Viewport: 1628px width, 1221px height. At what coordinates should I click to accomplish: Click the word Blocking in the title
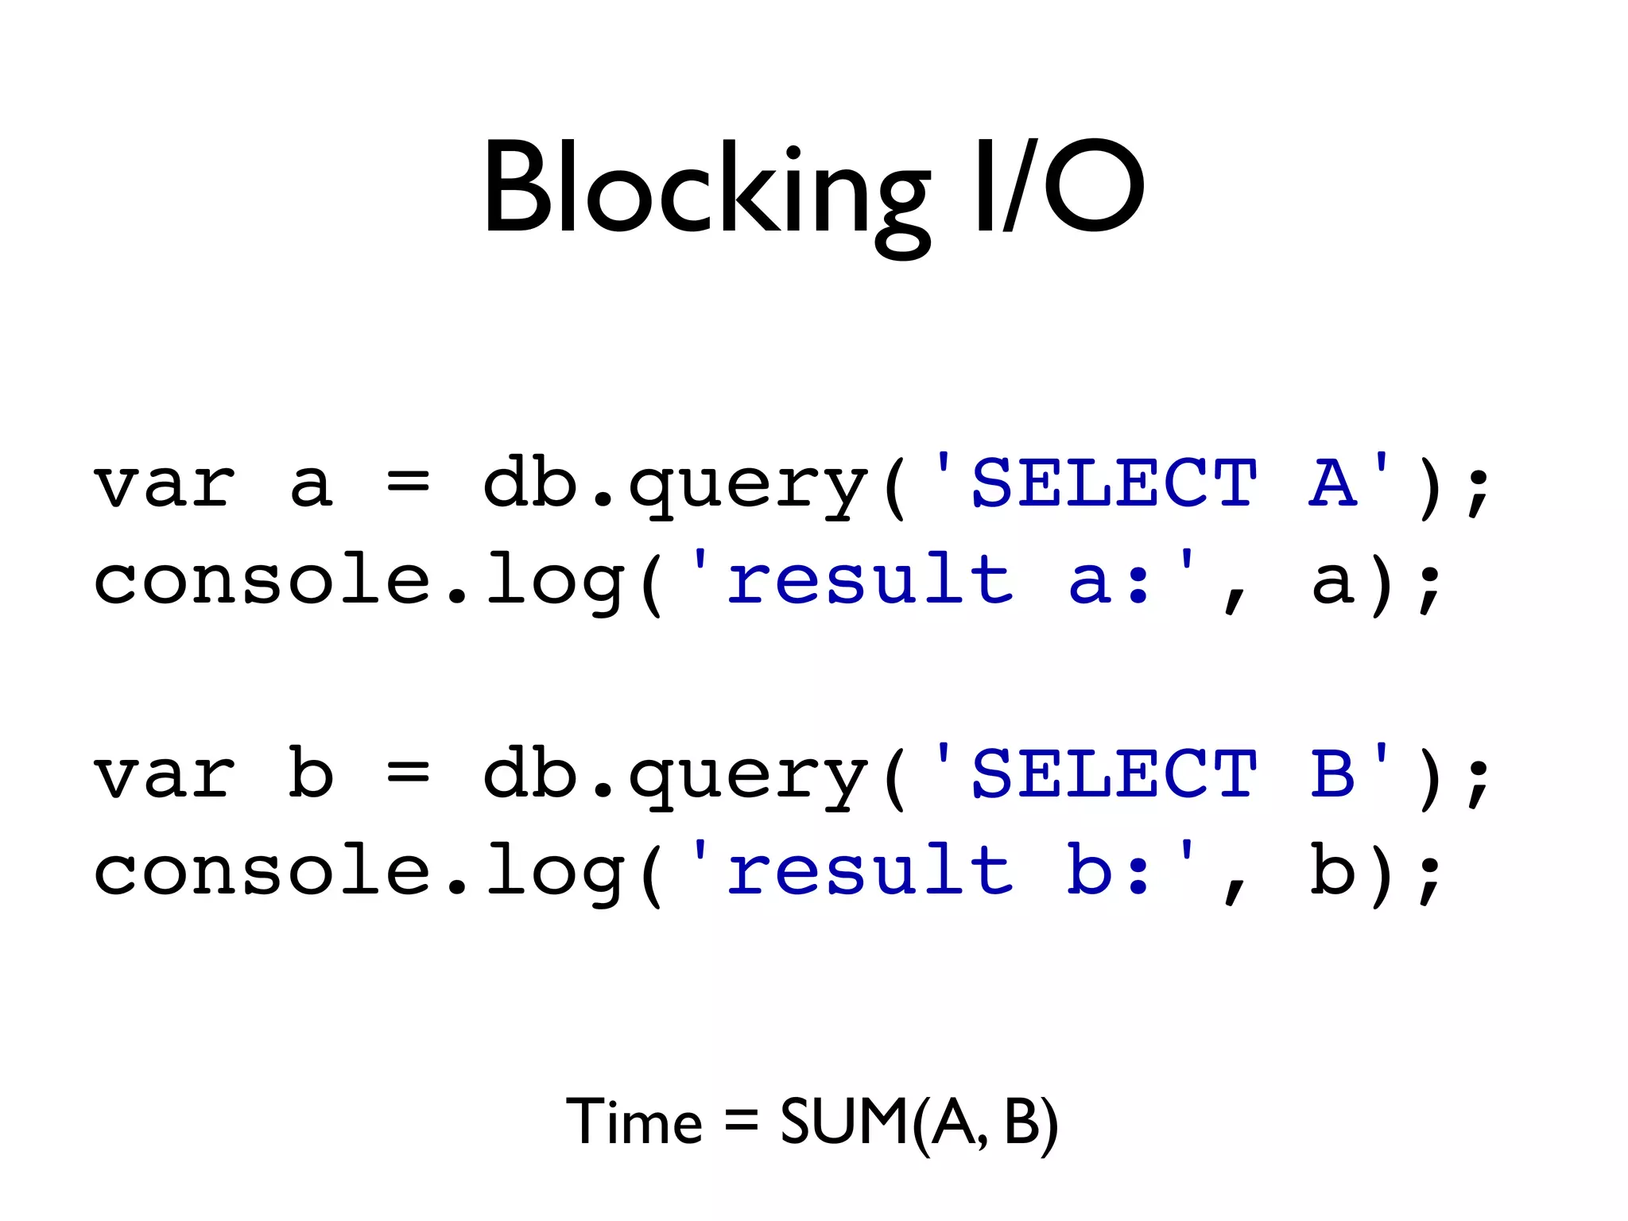(x=705, y=191)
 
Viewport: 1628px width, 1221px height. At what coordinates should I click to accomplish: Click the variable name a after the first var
(x=311, y=484)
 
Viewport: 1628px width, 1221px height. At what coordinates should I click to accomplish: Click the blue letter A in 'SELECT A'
(x=1331, y=483)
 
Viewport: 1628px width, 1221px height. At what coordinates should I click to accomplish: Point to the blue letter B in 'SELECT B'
(x=1331, y=773)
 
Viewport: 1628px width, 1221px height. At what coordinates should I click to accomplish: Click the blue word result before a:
(x=870, y=579)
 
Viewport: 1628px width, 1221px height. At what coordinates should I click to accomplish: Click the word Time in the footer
(x=634, y=1122)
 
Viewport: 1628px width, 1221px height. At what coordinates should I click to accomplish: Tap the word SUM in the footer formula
(x=844, y=1122)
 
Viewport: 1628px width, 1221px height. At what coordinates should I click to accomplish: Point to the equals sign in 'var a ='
(x=409, y=482)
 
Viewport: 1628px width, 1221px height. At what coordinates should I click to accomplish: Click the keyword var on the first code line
(x=165, y=484)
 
